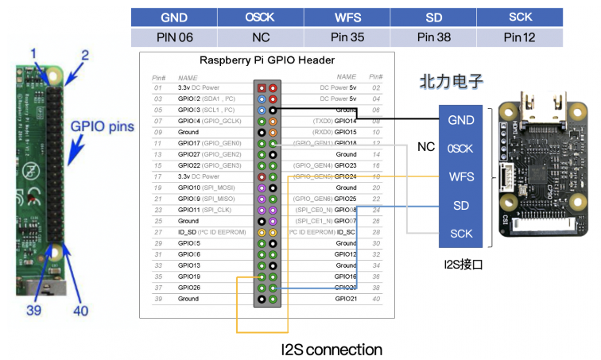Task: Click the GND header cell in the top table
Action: point(174,17)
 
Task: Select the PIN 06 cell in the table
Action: point(174,37)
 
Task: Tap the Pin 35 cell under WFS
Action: point(348,37)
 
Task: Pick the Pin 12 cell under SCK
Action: point(522,37)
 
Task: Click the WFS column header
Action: point(348,17)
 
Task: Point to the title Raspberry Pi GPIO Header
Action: point(266,60)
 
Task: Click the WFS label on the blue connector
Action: point(461,176)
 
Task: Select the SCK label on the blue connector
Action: point(461,234)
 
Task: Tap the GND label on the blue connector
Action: point(461,120)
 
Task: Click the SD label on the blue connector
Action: point(461,205)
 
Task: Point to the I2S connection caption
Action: point(332,349)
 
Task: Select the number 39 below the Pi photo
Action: point(34,310)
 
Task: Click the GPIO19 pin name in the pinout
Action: point(190,277)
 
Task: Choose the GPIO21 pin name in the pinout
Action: point(345,299)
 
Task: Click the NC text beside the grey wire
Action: point(426,147)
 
